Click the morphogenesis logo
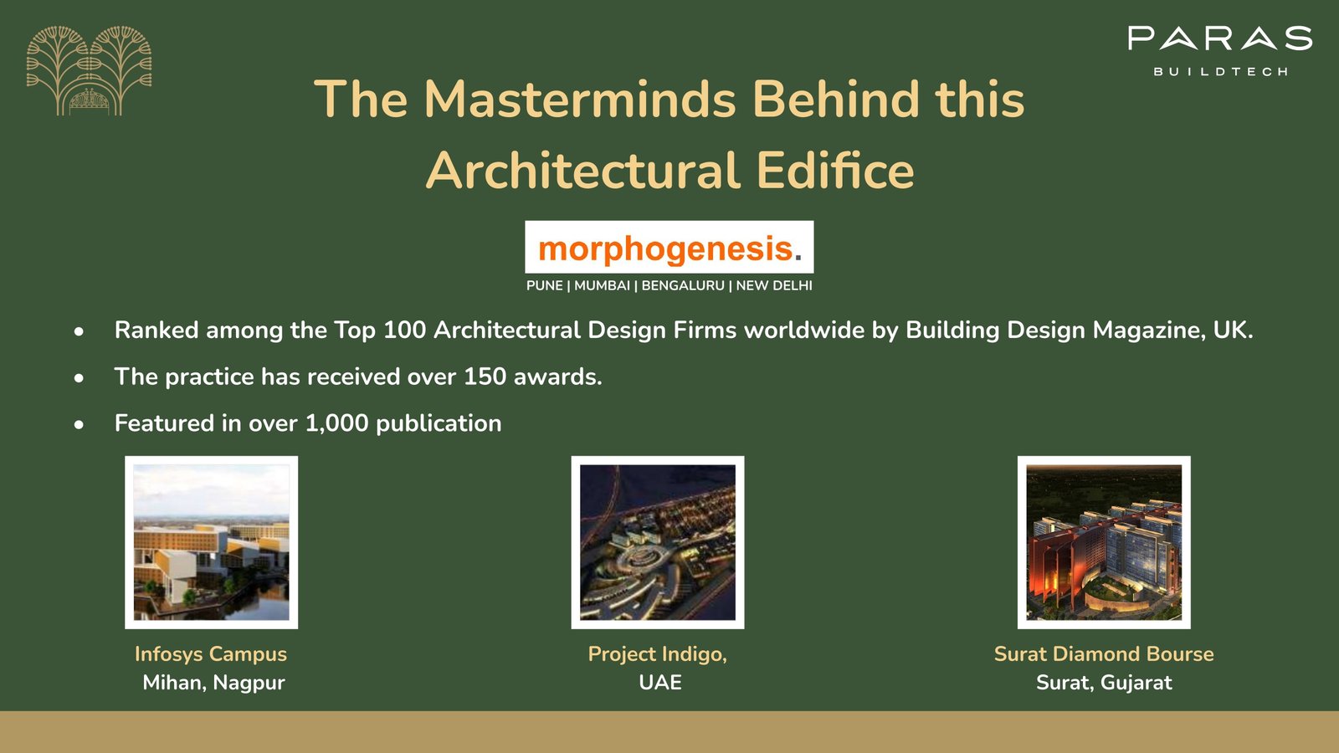coord(669,248)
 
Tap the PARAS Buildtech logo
coord(1219,51)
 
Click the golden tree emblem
coord(89,70)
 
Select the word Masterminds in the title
coord(580,99)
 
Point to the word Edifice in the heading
coord(835,171)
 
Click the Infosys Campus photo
coord(211,543)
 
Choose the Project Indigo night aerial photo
coord(658,543)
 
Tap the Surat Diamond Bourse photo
coord(1104,543)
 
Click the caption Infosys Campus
coord(210,654)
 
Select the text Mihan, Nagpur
coord(213,683)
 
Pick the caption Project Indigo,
coord(657,654)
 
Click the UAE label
coord(660,683)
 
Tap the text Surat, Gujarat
coord(1104,683)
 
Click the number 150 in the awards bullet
coord(485,376)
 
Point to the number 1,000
coord(336,423)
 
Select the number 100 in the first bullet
coord(404,330)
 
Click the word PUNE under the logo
coord(544,285)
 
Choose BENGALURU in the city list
coord(683,285)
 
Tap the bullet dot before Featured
coord(79,424)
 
